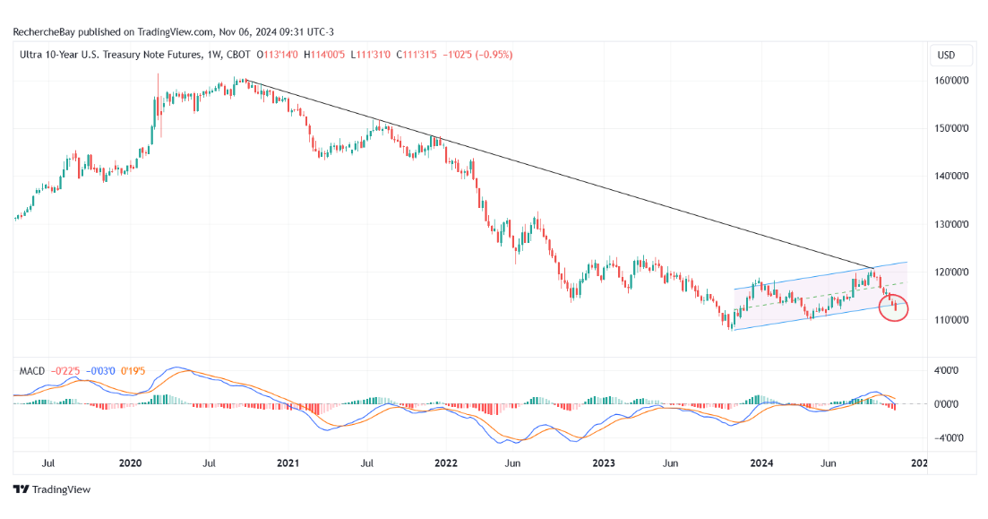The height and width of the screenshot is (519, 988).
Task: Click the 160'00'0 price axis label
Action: [950, 80]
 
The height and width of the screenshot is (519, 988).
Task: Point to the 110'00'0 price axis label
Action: [950, 320]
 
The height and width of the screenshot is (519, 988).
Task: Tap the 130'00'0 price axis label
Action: [950, 224]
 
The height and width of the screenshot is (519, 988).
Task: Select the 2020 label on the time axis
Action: [131, 463]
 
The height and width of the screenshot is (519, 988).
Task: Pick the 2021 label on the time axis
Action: [288, 463]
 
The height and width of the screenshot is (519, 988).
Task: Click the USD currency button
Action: [946, 56]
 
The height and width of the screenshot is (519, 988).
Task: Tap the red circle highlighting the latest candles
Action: [894, 307]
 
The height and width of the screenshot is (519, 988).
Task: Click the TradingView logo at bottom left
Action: [52, 489]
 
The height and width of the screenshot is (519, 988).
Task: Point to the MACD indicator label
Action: [33, 369]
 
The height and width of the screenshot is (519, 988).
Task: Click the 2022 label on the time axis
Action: [446, 463]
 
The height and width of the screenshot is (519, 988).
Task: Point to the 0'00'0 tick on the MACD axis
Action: [949, 404]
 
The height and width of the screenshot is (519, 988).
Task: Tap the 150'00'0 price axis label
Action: [950, 128]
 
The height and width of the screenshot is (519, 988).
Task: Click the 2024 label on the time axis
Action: [761, 463]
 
